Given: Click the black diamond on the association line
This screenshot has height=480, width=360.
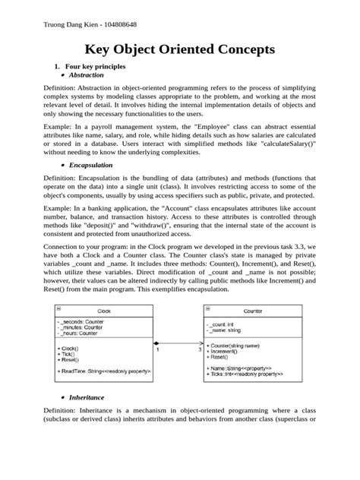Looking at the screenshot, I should (156, 343).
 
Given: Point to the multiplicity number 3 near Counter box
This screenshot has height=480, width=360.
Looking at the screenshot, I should (200, 350).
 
